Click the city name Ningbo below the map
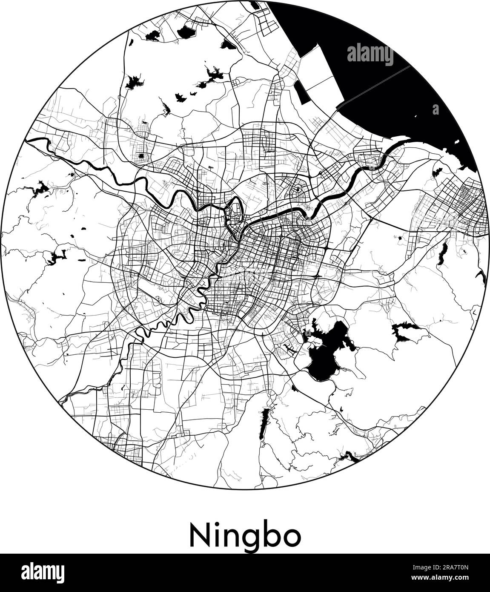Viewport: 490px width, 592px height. [x=245, y=536]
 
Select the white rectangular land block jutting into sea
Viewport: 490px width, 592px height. [x=324, y=72]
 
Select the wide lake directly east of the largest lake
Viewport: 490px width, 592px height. [x=407, y=332]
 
